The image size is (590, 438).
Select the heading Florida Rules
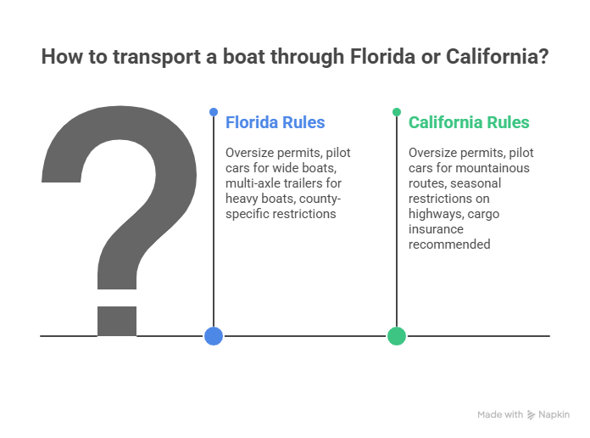pyautogui.click(x=275, y=122)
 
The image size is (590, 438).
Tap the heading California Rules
pyautogui.click(x=469, y=122)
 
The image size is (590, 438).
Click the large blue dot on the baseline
pyautogui.click(x=214, y=336)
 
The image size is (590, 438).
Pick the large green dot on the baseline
pyautogui.click(x=397, y=336)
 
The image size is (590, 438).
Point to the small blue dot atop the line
pyautogui.click(x=214, y=111)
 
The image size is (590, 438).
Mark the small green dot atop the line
pyautogui.click(x=397, y=111)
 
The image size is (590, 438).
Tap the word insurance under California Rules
pyautogui.click(x=437, y=229)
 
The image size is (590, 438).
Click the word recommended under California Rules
pyautogui.click(x=449, y=244)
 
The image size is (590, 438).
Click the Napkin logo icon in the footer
pyautogui.click(x=532, y=414)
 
